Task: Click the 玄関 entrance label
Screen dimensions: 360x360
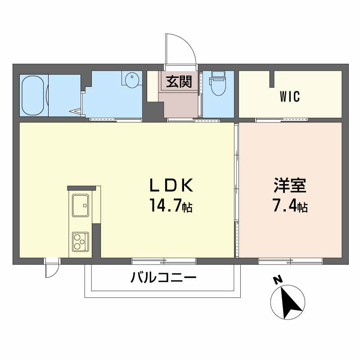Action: click(x=179, y=81)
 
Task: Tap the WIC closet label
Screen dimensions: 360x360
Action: click(x=290, y=96)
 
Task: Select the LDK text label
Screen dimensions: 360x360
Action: click(x=171, y=185)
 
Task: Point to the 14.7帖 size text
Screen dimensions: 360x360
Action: click(x=171, y=205)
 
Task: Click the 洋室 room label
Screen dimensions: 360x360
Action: click(x=290, y=185)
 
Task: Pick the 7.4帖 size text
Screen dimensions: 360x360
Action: click(x=290, y=205)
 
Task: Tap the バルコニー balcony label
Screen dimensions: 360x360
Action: click(x=163, y=277)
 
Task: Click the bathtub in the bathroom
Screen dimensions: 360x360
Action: click(x=32, y=95)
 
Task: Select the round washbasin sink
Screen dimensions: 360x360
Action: click(x=132, y=80)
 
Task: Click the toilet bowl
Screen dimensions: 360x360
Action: click(x=218, y=84)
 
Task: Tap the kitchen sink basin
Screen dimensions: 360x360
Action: click(x=81, y=206)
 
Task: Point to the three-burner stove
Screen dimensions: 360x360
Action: click(x=81, y=242)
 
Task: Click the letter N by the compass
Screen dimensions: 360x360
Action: click(x=278, y=280)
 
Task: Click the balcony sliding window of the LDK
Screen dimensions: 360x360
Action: click(x=164, y=261)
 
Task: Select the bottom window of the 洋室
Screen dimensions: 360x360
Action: click(x=290, y=261)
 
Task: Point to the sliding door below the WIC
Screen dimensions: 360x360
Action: click(x=282, y=120)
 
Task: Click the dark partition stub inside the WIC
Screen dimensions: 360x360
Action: click(x=272, y=79)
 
